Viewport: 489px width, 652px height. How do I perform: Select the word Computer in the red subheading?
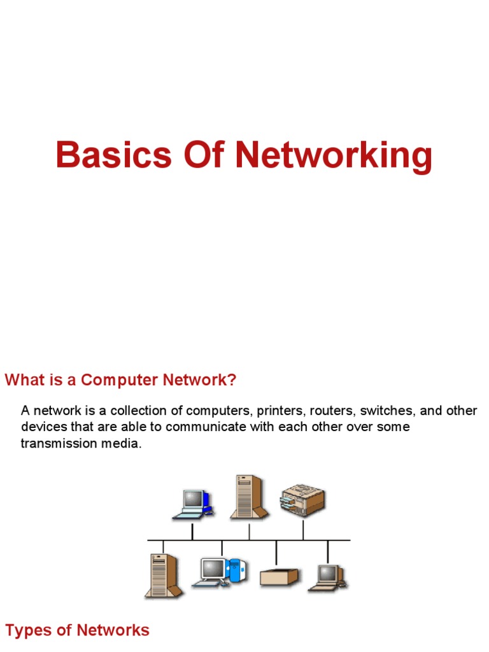pos(120,380)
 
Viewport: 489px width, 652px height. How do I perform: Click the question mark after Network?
pos(232,380)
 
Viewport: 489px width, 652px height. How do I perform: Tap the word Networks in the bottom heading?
pos(113,630)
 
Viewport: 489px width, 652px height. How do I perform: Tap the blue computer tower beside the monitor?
pos(235,570)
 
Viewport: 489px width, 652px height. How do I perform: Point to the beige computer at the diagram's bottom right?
pos(328,577)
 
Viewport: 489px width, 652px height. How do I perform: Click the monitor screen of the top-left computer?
pos(193,499)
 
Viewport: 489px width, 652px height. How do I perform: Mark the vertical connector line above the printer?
pos(303,528)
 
